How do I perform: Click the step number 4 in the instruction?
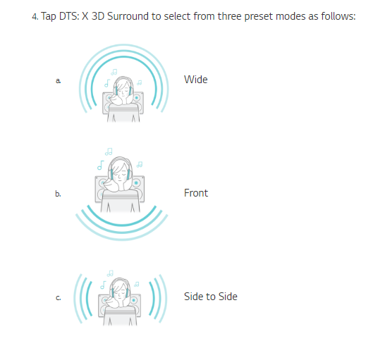coord(35,17)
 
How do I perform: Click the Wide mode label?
coord(196,80)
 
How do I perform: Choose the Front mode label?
coord(196,193)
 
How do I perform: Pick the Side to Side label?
coord(211,297)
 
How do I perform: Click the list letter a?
coord(58,81)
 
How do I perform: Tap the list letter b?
coord(58,194)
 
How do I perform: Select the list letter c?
coord(58,298)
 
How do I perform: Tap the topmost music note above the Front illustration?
coord(109,151)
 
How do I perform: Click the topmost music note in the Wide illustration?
coord(114,72)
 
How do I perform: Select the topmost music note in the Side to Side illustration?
coord(110,273)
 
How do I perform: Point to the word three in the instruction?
coord(230,16)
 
